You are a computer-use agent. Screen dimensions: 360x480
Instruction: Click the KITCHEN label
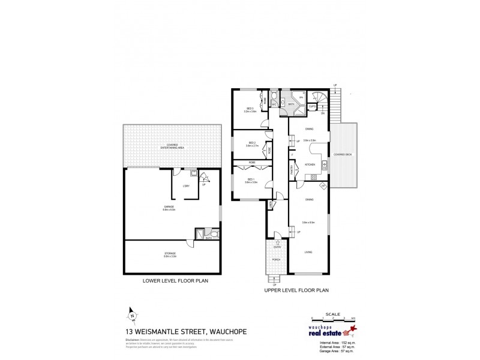[x=310, y=164]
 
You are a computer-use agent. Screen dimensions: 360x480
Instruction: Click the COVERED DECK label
[x=343, y=154]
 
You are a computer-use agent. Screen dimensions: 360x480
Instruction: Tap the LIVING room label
[x=308, y=251]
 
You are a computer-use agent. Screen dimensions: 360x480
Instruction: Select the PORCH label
[x=277, y=259]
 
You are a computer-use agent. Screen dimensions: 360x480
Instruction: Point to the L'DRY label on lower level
[x=185, y=187]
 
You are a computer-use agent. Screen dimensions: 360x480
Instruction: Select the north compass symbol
[x=131, y=313]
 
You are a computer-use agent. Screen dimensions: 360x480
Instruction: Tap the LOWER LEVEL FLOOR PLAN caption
[x=171, y=281]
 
